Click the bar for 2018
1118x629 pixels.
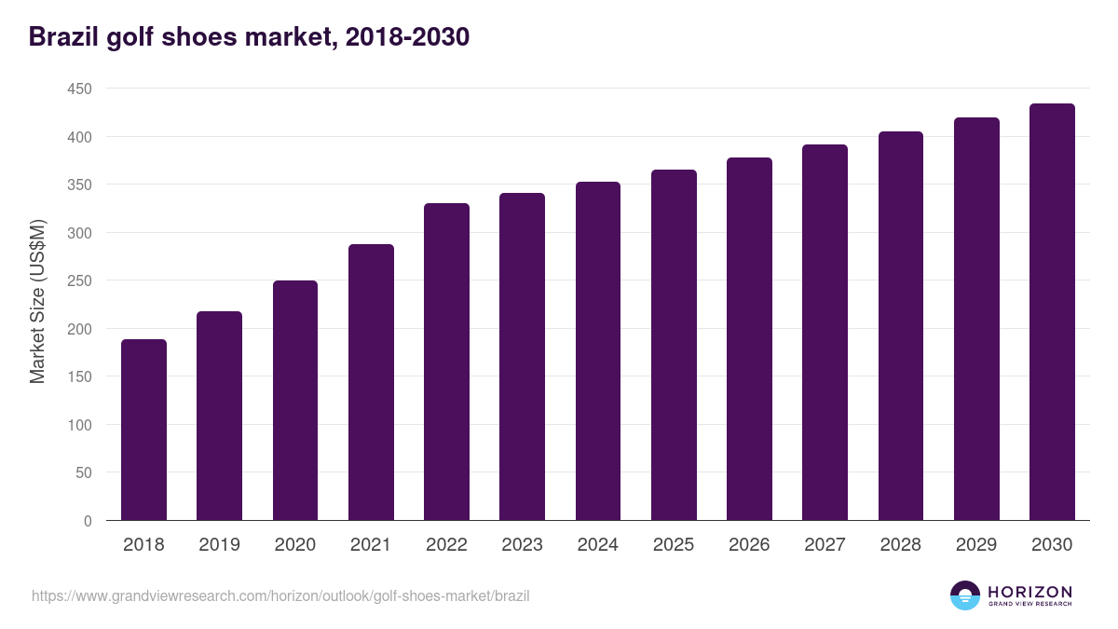143,430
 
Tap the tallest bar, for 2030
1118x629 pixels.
1052,312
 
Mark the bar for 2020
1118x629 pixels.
295,401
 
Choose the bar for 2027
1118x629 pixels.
825,333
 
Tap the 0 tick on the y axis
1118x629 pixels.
88,521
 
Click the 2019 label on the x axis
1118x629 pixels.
220,545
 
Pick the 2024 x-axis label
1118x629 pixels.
598,545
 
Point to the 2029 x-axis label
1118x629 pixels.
976,545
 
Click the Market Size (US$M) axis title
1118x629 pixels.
37,301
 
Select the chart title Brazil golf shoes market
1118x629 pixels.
249,37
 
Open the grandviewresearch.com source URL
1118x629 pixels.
280,595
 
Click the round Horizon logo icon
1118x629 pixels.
965,595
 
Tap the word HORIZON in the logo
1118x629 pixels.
1029,592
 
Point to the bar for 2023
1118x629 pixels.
522,357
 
